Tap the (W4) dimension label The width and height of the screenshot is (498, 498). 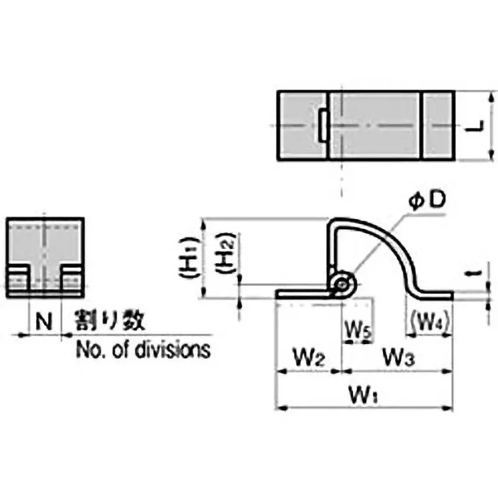coord(429,322)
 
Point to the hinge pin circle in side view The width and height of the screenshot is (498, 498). coord(342,284)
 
